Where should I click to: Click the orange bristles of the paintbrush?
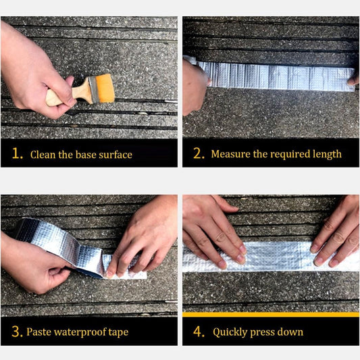[x=105, y=88]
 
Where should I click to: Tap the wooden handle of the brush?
[x=69, y=95]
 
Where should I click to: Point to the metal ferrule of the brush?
[x=94, y=90]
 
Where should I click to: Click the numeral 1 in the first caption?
[x=16, y=153]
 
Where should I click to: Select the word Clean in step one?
[x=43, y=155]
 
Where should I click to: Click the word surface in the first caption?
[x=115, y=155]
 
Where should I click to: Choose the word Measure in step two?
[x=230, y=154]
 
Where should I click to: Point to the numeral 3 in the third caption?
[x=16, y=332]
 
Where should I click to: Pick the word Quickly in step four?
[x=230, y=332]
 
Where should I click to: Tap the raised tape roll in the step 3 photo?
[x=55, y=247]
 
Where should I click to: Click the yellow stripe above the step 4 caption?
[x=271, y=315]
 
